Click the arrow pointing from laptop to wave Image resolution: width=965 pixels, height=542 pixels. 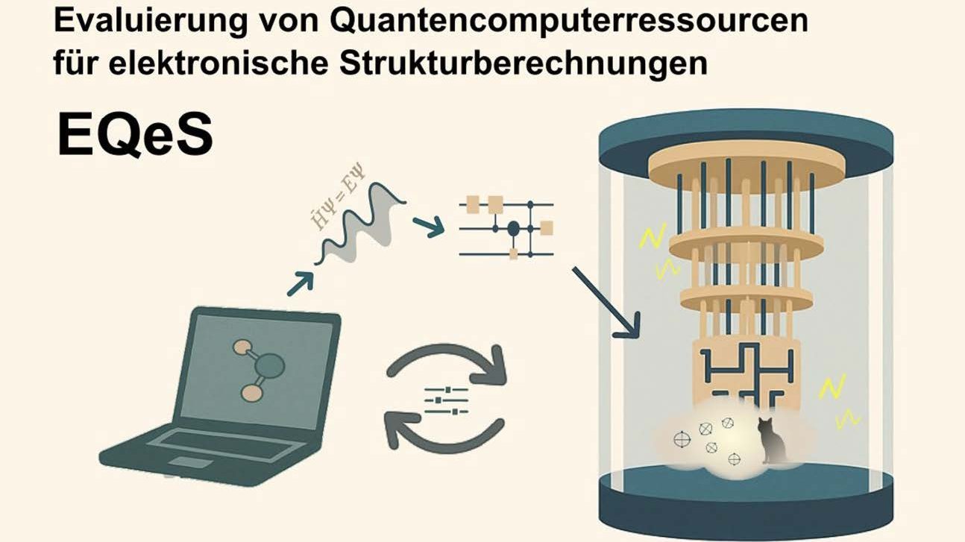300,283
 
